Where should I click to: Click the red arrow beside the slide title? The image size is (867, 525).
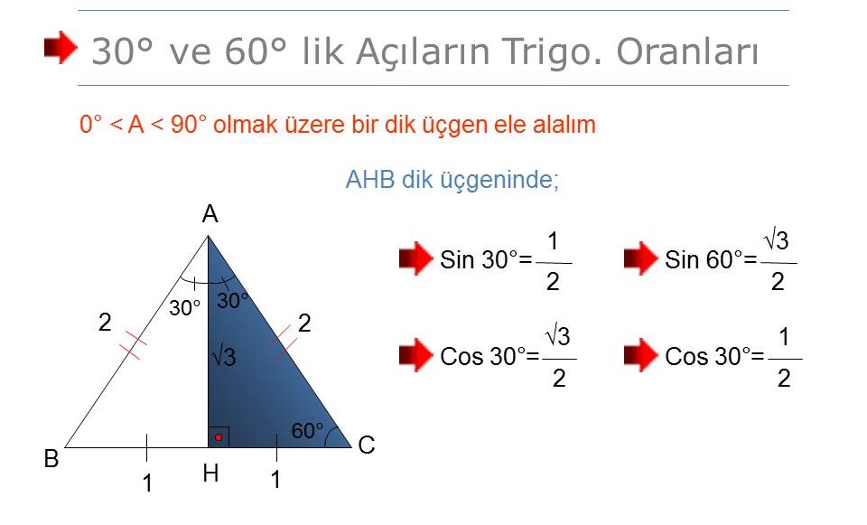point(61,48)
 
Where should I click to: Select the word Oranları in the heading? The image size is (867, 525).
point(687,52)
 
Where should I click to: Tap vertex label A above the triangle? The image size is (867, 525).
point(210,213)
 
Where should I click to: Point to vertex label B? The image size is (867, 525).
point(51,459)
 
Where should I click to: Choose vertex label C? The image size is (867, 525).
point(367,445)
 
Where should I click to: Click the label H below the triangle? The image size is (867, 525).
point(210,473)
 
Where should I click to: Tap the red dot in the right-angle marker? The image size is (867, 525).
point(219,437)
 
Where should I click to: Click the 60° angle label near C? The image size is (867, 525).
point(307,431)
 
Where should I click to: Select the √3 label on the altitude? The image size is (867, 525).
point(224,356)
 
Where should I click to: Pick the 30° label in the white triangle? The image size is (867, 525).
point(184,308)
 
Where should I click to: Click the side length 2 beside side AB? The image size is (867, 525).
point(105,322)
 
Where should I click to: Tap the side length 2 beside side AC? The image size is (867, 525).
point(304,323)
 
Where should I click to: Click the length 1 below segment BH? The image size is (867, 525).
point(147,483)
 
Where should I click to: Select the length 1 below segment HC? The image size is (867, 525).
point(275,479)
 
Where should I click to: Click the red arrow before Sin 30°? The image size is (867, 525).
point(415,258)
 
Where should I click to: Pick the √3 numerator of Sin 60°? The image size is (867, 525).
point(777,240)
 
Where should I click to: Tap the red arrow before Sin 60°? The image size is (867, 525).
point(641,258)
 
